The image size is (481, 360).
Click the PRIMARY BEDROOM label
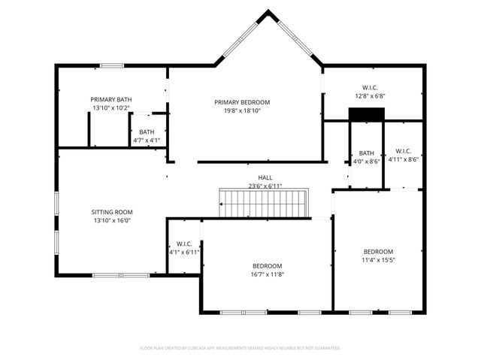tap(241, 102)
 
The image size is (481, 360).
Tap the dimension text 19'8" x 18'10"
tap(241, 110)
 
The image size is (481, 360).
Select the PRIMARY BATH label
tap(111, 99)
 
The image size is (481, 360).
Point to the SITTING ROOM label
tap(112, 212)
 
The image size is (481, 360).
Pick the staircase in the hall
tap(264, 203)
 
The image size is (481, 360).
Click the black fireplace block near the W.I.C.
tap(366, 113)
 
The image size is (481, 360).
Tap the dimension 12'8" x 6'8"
tap(369, 96)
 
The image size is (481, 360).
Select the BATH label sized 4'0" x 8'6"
tap(366, 153)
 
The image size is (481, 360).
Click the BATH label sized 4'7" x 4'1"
tap(147, 132)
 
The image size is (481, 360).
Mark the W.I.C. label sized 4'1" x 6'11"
tap(184, 244)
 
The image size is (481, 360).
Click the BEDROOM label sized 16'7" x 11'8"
tap(267, 266)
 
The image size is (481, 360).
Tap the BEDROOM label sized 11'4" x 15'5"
tap(378, 252)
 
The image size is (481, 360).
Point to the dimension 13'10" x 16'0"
tap(112, 220)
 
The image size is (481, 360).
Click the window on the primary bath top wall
tap(112, 65)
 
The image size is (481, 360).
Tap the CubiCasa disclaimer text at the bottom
tap(240, 348)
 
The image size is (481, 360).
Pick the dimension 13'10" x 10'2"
tap(111, 107)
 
